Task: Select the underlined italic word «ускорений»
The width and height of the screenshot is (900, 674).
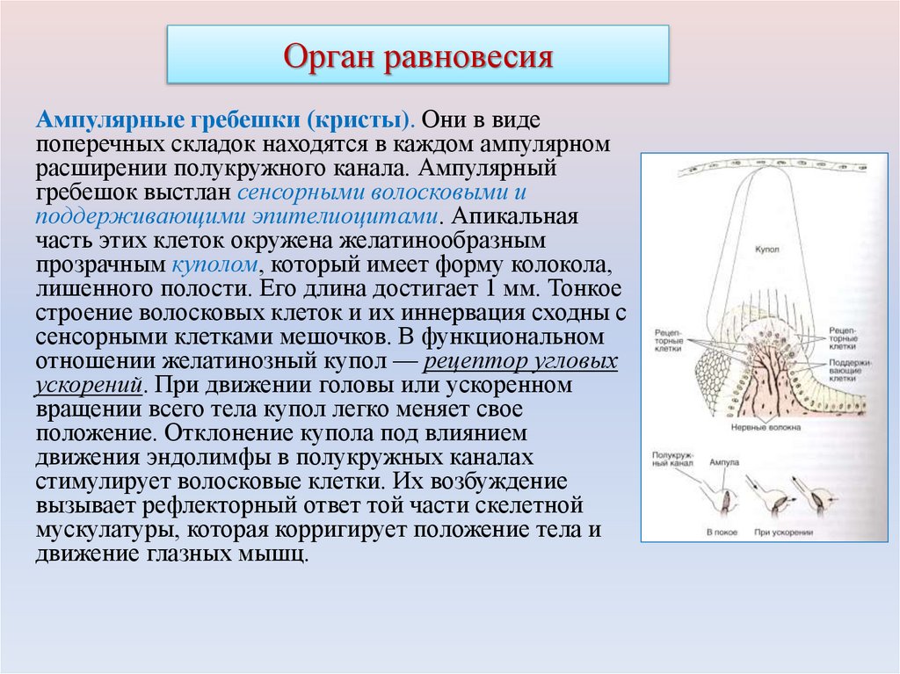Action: (x=89, y=385)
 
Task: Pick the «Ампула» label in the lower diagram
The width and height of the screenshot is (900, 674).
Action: (x=726, y=462)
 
